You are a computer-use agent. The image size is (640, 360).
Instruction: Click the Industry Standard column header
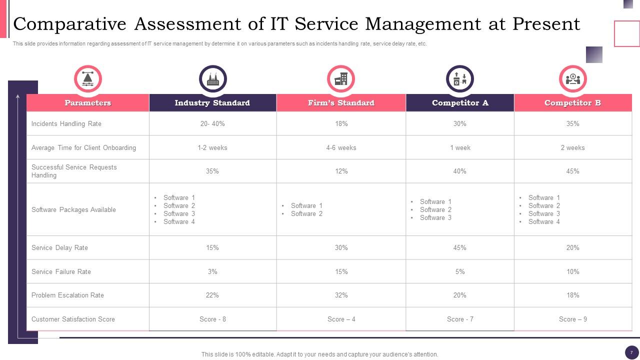[x=212, y=103]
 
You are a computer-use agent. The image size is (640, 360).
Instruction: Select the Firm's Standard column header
[x=341, y=103]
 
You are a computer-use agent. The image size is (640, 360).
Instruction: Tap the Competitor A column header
[x=459, y=103]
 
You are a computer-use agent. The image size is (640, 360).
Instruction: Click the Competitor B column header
[x=572, y=103]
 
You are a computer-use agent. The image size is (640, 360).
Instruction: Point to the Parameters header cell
[x=87, y=103]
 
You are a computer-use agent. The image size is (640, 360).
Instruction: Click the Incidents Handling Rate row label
[x=66, y=124]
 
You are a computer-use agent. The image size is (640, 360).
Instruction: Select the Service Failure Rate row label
[x=61, y=272]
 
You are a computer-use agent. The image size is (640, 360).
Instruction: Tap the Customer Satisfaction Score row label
[x=73, y=319]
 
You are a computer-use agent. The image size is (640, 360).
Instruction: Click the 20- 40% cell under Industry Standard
[x=212, y=124]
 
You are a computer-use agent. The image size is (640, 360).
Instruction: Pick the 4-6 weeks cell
[x=341, y=148]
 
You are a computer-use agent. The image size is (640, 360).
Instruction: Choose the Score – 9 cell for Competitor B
[x=572, y=319]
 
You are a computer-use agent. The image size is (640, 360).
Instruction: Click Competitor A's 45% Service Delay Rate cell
[x=459, y=248]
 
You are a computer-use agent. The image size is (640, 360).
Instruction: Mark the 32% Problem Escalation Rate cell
[x=341, y=295]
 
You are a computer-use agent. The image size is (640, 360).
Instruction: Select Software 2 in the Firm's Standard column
[x=306, y=214]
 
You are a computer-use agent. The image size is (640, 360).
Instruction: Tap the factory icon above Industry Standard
[x=212, y=79]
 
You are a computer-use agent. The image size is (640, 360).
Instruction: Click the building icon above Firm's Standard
[x=341, y=79]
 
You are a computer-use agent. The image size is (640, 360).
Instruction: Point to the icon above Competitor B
[x=572, y=79]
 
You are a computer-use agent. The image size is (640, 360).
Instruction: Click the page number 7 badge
[x=631, y=352]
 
